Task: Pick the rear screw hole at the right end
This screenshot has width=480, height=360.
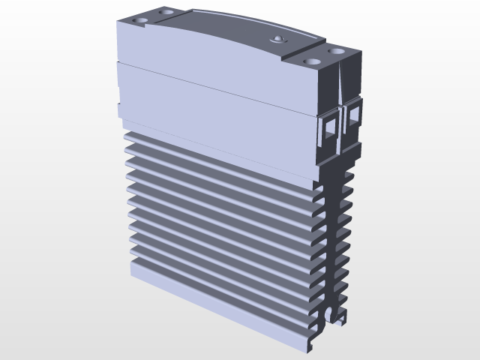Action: click(x=337, y=51)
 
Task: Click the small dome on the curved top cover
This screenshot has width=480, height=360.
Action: click(x=278, y=38)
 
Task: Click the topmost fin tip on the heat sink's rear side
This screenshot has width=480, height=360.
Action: click(x=349, y=174)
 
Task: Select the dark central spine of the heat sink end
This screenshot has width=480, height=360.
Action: click(x=331, y=240)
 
